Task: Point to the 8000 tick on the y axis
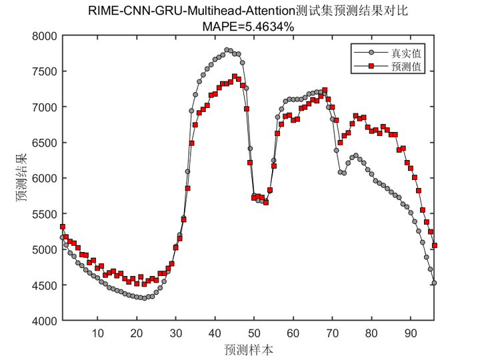point(45,36)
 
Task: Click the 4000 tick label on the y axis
point(45,321)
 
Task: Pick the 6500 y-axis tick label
point(45,143)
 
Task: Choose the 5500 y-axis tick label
point(45,214)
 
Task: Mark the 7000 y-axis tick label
point(45,107)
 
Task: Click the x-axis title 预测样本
point(248,349)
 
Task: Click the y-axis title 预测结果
point(22,178)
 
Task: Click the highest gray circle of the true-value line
point(227,50)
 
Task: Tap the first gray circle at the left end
point(62,237)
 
